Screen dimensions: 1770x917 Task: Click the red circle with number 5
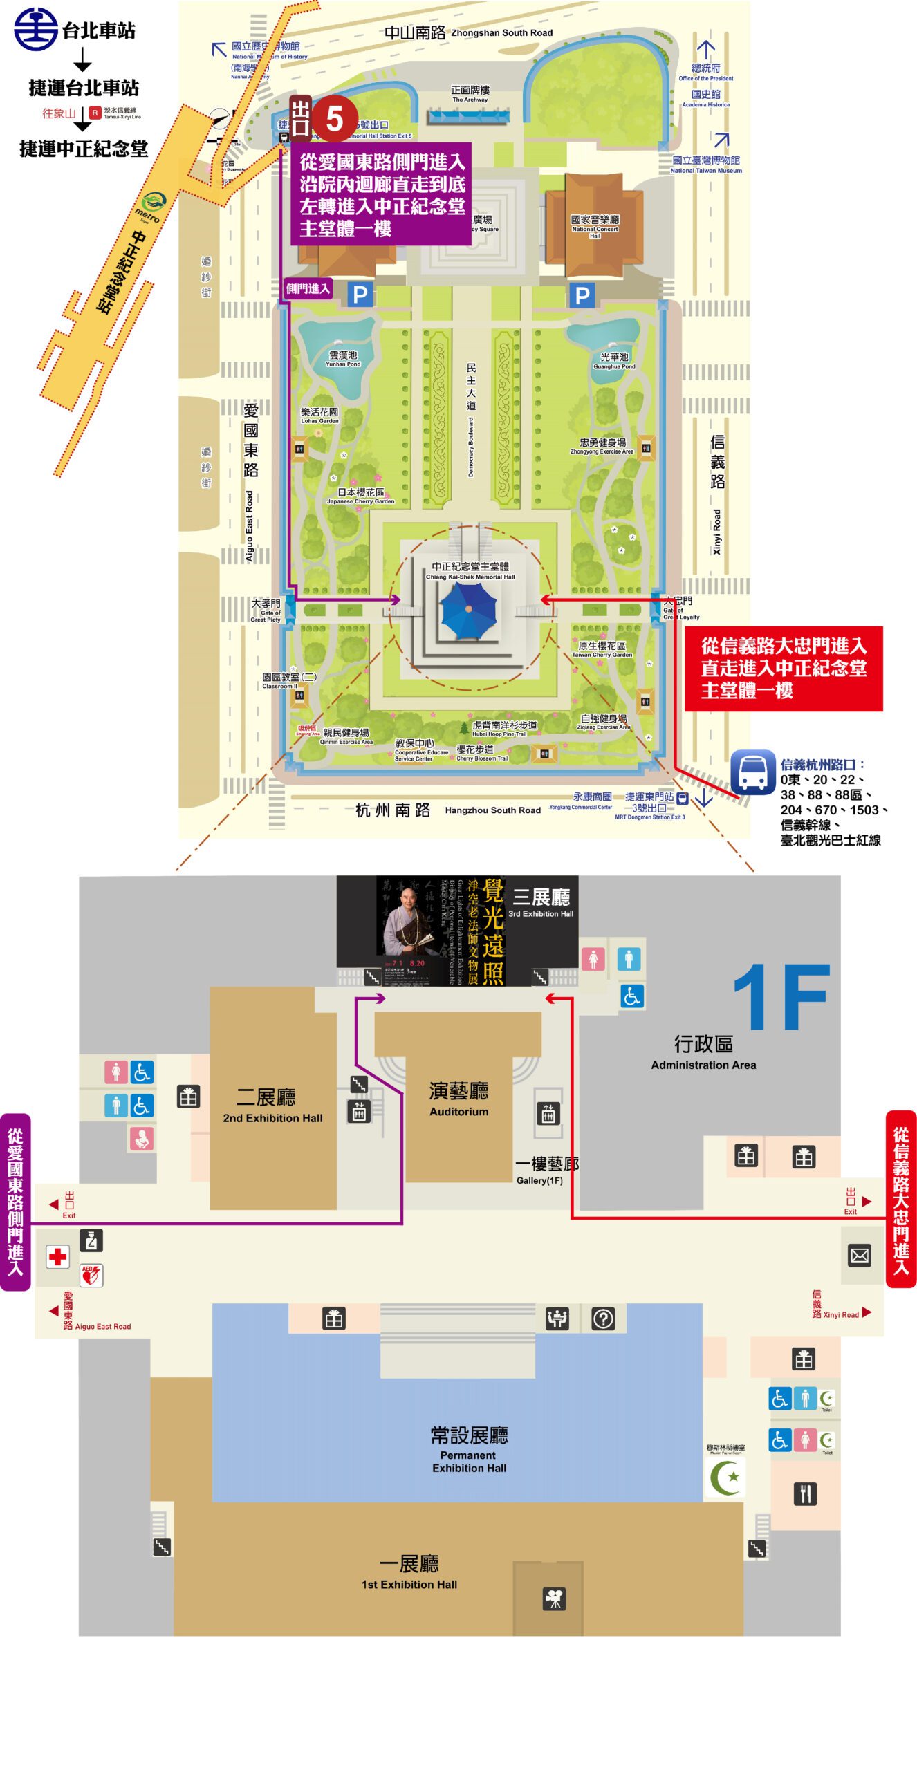(x=334, y=119)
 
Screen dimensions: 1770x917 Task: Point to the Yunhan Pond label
(x=343, y=358)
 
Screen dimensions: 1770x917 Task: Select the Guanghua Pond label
(x=614, y=360)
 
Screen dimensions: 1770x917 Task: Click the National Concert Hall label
(x=595, y=225)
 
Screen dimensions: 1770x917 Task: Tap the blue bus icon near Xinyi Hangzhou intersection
(x=753, y=771)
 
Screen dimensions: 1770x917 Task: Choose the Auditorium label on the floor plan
(x=458, y=1099)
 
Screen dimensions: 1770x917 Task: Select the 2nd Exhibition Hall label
(x=272, y=1105)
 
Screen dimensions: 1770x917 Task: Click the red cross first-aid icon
(x=58, y=1256)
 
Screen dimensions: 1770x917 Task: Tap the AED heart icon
(x=91, y=1274)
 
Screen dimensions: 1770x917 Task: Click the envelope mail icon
(x=860, y=1255)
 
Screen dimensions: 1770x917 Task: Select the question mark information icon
(x=602, y=1319)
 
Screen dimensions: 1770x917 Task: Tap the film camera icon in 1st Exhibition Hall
(x=555, y=1598)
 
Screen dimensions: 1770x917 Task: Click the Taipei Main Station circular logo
(x=36, y=29)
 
